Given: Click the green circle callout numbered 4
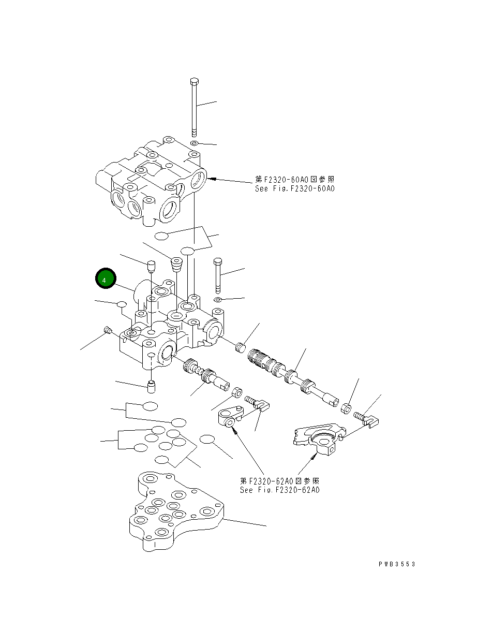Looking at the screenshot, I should click(x=106, y=280).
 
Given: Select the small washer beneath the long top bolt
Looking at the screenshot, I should click(x=193, y=142).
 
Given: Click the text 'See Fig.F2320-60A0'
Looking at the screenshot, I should click(x=295, y=189).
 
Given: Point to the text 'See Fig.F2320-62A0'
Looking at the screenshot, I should click(x=279, y=490).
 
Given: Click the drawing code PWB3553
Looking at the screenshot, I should click(x=397, y=564).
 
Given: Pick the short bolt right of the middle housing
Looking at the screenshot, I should click(x=217, y=274).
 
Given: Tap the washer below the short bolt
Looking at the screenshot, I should click(x=218, y=300).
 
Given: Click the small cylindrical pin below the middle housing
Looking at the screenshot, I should click(x=151, y=386).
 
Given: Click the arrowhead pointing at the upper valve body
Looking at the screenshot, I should click(x=212, y=179).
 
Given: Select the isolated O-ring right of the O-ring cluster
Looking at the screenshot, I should click(x=207, y=440).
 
